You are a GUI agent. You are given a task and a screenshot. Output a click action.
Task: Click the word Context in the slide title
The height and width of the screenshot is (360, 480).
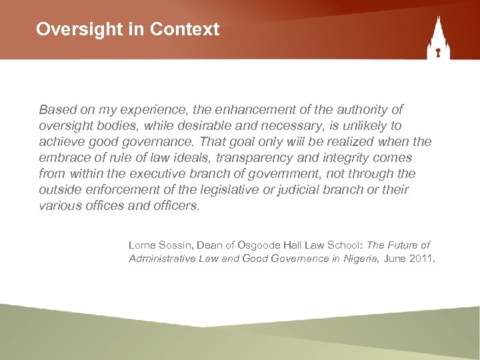tap(185, 29)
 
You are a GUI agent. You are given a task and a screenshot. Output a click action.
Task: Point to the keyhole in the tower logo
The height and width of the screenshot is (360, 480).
tap(439, 50)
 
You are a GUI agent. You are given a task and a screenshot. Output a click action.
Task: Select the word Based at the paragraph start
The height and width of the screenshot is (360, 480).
tap(57, 109)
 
